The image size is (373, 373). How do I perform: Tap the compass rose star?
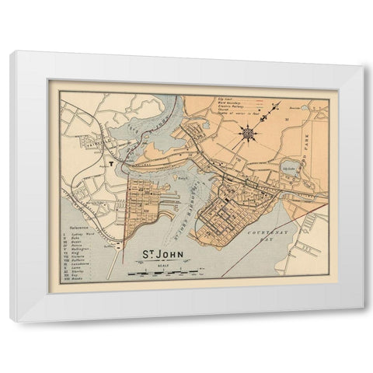click(249, 133)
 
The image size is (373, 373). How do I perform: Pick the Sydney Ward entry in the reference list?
click(82, 233)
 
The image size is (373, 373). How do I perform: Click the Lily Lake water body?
click(291, 166)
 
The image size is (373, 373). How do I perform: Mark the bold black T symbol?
click(112, 165)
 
